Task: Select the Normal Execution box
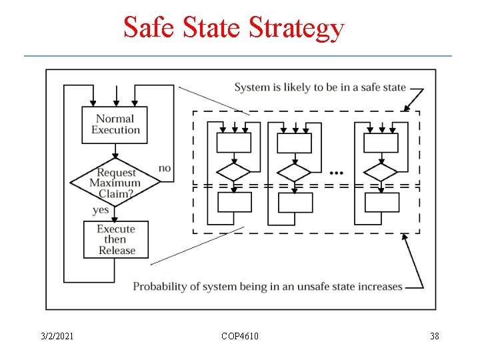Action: pos(115,125)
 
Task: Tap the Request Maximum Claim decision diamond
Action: pos(115,182)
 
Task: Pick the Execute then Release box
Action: pos(115,239)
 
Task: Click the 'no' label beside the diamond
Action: pos(165,168)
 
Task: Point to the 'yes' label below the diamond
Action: pos(101,210)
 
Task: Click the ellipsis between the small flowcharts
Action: pos(337,172)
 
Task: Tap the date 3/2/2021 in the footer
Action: pos(56,336)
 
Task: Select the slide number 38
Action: pos(435,336)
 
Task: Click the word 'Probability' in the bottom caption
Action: pos(161,287)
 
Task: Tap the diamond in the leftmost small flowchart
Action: pos(234,172)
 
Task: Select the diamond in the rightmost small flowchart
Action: pos(381,172)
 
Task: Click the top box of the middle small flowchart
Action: pos(294,143)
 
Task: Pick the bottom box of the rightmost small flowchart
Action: pos(381,202)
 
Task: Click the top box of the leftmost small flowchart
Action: pos(234,143)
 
